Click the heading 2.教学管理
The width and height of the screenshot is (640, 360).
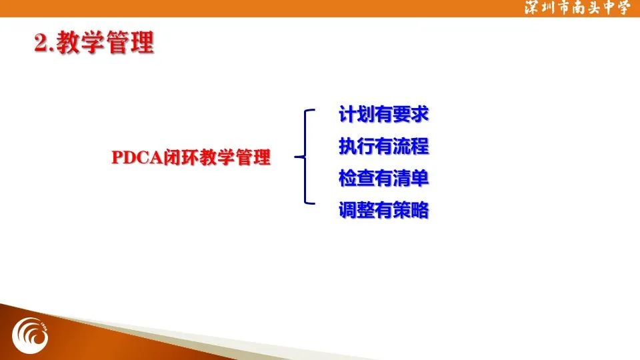click(x=94, y=43)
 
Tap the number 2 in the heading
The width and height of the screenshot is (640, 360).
click(x=41, y=43)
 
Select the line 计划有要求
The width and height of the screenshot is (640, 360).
click(x=384, y=114)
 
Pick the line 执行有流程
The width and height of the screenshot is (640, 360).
click(x=384, y=146)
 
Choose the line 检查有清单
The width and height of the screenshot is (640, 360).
click(x=384, y=179)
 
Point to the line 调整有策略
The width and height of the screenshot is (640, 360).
click(x=384, y=210)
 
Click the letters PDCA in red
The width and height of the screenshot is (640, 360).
click(x=137, y=157)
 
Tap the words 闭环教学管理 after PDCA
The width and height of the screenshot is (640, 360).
click(x=217, y=157)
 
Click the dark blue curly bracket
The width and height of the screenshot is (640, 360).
click(x=305, y=157)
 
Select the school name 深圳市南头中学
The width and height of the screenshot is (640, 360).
click(x=577, y=8)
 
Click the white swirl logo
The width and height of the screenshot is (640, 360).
click(x=30, y=336)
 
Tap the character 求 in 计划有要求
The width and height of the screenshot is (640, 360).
click(x=420, y=114)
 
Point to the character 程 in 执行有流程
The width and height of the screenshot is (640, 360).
click(x=420, y=146)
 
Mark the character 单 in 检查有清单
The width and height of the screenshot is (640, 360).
click(x=420, y=179)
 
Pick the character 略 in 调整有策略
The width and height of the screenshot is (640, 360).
click(x=420, y=210)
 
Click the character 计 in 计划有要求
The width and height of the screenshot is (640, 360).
click(x=347, y=114)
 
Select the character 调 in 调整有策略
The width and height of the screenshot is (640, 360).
click(x=347, y=210)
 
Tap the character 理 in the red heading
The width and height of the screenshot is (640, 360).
click(x=143, y=43)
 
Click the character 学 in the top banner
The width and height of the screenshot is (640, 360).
click(x=623, y=8)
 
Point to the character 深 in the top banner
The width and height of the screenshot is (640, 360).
click(x=532, y=8)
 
